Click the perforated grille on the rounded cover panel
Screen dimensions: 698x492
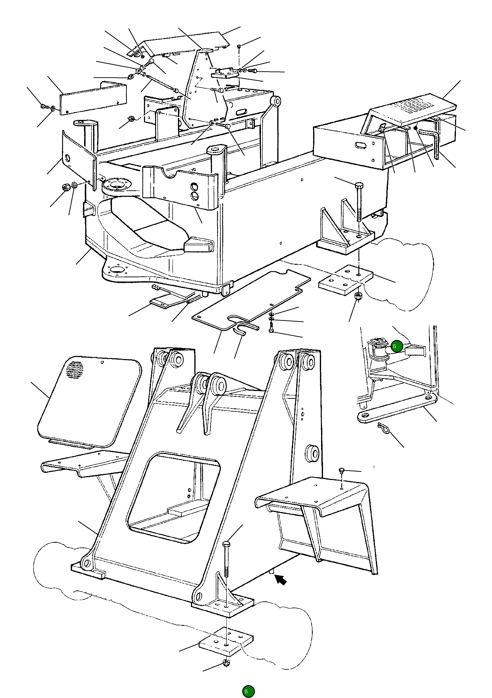(74, 370)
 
